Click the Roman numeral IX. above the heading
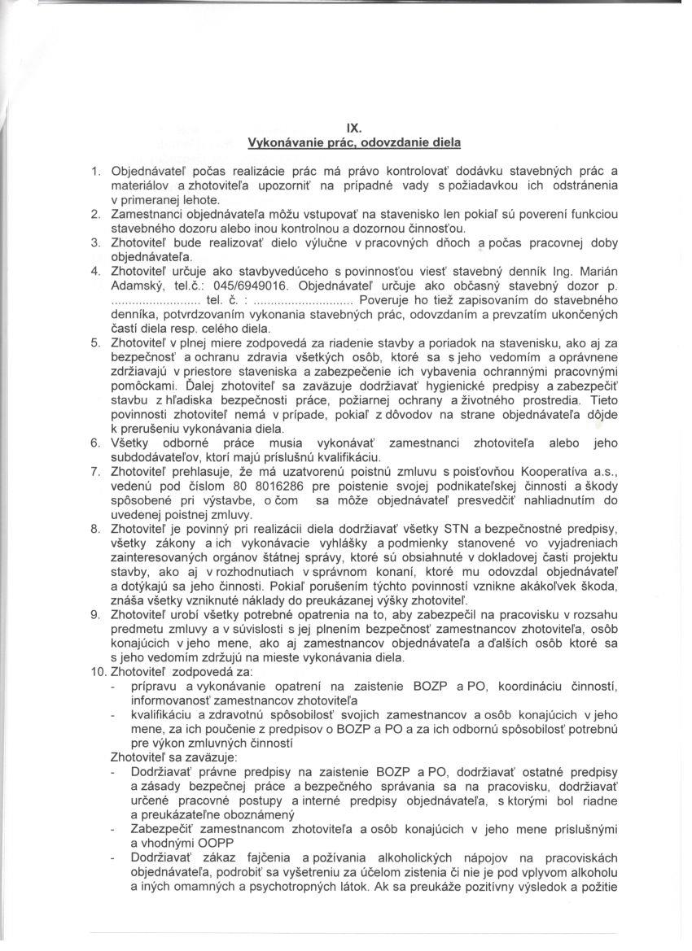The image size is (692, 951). pyautogui.click(x=353, y=128)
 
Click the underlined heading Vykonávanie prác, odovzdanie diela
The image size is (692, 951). pyautogui.click(x=353, y=142)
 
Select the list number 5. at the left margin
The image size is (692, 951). pyautogui.click(x=94, y=343)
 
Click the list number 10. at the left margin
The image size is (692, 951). pyautogui.click(x=98, y=674)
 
